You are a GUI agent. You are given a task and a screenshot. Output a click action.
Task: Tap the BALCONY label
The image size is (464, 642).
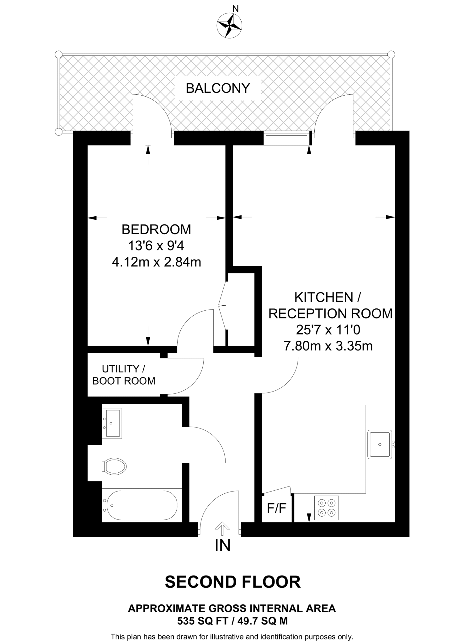(218, 88)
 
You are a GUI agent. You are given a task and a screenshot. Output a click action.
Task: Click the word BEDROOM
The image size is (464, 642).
(156, 229)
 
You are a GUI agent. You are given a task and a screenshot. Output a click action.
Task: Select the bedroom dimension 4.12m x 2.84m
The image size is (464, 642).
(156, 262)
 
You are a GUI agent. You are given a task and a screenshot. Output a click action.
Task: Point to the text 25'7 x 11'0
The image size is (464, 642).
(328, 330)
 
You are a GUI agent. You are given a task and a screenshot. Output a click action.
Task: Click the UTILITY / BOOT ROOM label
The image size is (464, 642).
(124, 375)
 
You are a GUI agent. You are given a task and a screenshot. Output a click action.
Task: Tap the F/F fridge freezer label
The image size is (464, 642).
(277, 508)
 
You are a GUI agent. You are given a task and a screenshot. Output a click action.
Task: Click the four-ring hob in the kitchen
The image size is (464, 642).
(326, 508)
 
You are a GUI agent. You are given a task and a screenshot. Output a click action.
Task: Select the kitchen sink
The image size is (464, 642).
(380, 444)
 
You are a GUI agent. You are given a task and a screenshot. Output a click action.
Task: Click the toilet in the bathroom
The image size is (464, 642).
(115, 466)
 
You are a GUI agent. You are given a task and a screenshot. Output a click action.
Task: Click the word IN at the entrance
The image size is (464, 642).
(223, 546)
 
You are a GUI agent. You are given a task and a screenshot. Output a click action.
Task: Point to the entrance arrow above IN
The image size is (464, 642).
(222, 529)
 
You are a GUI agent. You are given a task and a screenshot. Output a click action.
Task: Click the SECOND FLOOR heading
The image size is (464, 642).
(232, 582)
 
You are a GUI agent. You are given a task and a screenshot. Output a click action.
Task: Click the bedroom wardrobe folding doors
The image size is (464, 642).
(222, 305)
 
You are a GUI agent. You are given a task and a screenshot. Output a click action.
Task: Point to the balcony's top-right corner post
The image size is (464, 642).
(391, 54)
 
